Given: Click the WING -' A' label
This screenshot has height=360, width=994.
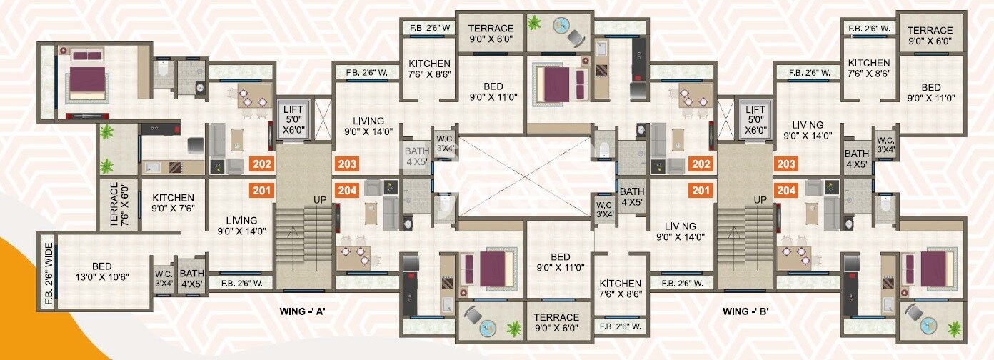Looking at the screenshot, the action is [x=302, y=311].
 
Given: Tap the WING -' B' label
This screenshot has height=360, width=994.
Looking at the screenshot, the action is [x=745, y=311].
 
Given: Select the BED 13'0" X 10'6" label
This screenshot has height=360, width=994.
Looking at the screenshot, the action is [x=102, y=271].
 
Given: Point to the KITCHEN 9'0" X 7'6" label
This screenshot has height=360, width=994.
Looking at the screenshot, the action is [x=173, y=202].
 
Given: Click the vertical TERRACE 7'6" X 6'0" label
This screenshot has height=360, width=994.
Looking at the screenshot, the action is [x=119, y=204].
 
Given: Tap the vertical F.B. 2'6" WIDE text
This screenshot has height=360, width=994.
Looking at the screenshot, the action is [x=49, y=274].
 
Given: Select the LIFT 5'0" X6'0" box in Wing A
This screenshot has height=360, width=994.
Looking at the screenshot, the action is [x=293, y=120].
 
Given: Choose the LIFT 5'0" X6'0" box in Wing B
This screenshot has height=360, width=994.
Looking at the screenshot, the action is [x=755, y=120].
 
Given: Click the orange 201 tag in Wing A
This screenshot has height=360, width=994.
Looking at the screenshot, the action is [x=262, y=191].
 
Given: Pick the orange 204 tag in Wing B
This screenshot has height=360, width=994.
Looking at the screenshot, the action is [x=786, y=191].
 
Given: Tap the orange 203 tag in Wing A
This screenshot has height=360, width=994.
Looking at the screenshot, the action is [x=347, y=164].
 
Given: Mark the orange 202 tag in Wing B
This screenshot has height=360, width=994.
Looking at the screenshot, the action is [x=701, y=164].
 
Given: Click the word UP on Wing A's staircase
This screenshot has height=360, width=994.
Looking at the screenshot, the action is [x=320, y=200].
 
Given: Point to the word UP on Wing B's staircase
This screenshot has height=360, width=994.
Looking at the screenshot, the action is [x=760, y=200].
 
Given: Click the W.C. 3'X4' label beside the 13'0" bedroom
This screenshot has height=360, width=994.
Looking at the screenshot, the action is [x=164, y=278].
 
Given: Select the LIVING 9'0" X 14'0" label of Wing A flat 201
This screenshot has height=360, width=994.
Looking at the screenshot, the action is [x=242, y=226].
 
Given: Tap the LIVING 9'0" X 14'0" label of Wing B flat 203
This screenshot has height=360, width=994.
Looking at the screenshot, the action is [x=808, y=130].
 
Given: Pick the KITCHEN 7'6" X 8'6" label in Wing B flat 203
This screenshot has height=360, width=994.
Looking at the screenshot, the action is [x=869, y=69].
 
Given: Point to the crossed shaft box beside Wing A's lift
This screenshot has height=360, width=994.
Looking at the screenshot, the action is [x=323, y=119].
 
